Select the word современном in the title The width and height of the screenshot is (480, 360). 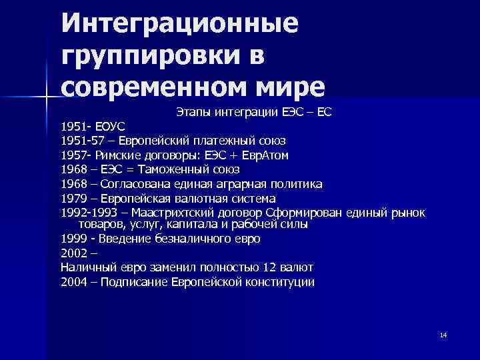[x=147, y=86]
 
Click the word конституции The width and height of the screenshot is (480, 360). [x=280, y=282]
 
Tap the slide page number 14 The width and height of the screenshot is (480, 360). [x=443, y=334]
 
